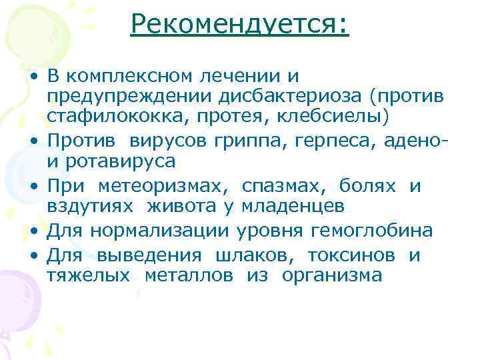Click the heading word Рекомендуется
point(236,25)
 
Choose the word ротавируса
point(119,161)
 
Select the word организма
point(332,275)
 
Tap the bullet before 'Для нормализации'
point(33,231)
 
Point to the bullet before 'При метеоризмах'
point(33,187)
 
